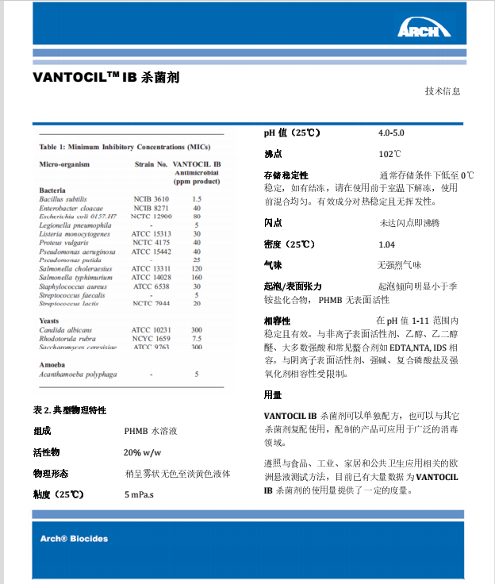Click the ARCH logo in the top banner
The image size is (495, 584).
(424, 29)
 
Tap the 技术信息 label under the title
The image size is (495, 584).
(442, 91)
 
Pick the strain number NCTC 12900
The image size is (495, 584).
(151, 216)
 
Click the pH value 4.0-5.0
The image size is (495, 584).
(390, 133)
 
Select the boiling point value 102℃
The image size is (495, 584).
(389, 154)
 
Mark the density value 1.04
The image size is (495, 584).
(386, 244)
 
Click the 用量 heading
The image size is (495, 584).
(272, 394)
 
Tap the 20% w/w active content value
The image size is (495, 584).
(143, 452)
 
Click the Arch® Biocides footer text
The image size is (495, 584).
(74, 539)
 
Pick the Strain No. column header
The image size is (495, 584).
(150, 164)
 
